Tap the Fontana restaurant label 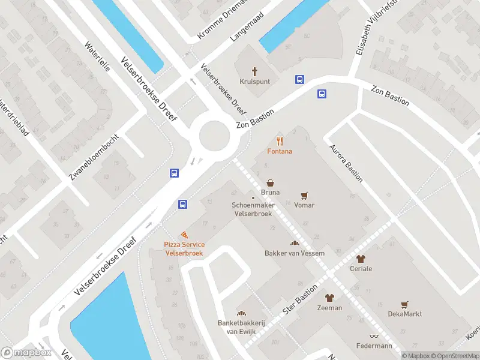[x=280, y=151]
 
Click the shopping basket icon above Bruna [x=271, y=182]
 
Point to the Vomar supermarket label [x=304, y=205]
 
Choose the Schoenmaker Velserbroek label [x=253, y=209]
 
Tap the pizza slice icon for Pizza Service [x=184, y=235]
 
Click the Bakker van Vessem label [x=295, y=253]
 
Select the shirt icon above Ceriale [x=361, y=259]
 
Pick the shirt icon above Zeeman [x=329, y=298]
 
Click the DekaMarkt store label [x=404, y=314]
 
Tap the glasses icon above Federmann [x=374, y=336]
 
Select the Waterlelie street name [x=97, y=57]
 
